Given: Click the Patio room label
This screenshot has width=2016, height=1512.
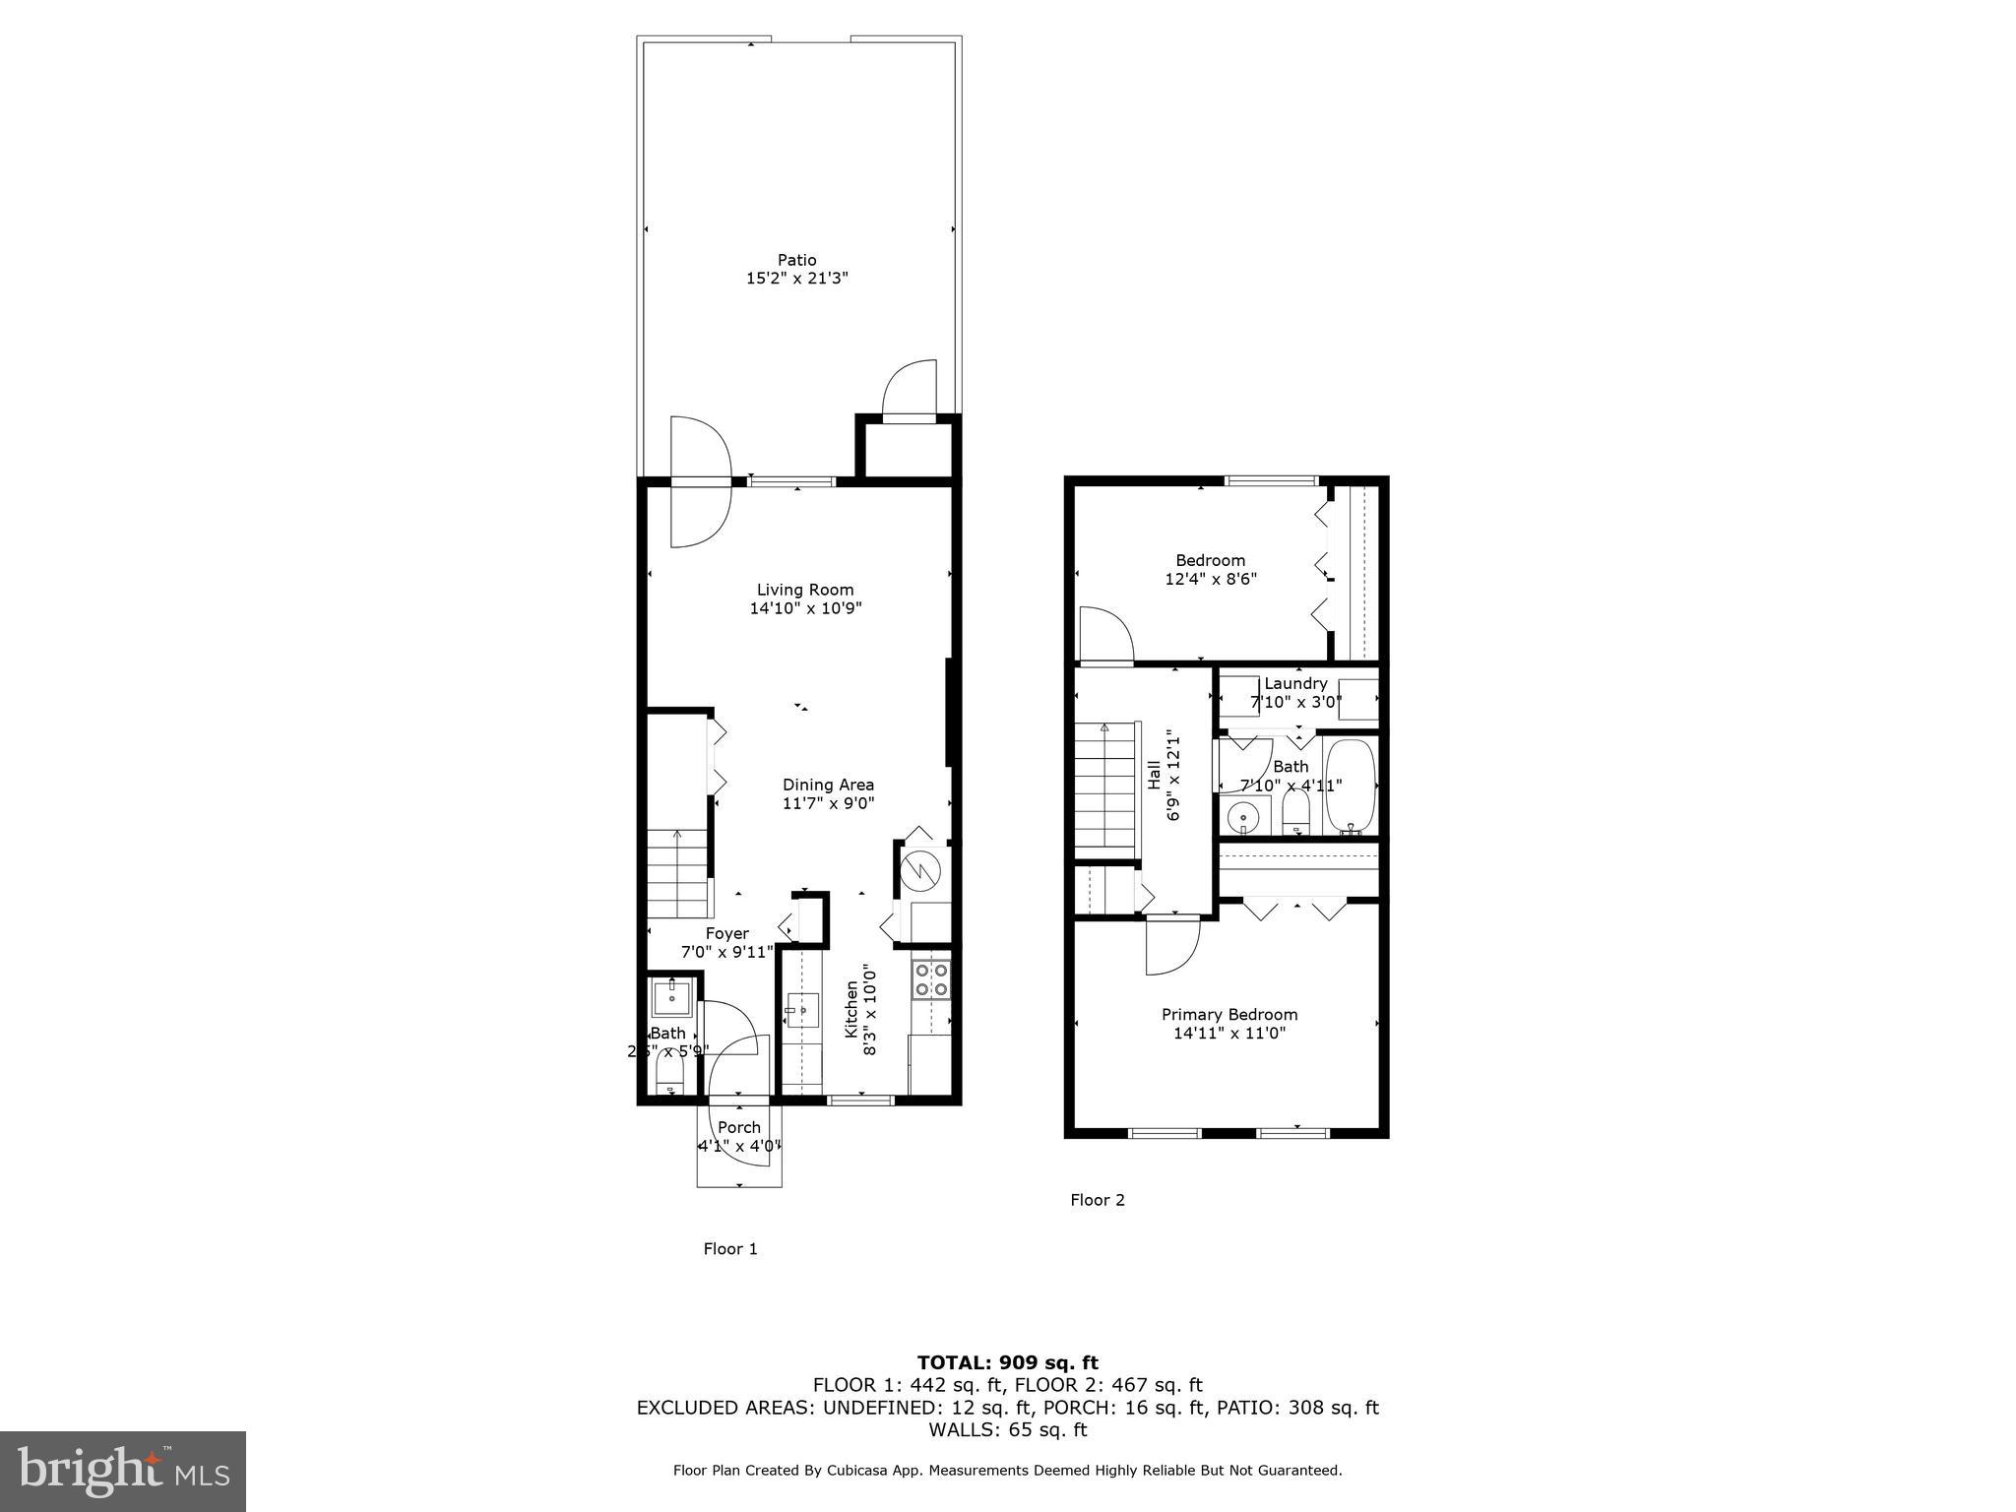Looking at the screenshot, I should [796, 260].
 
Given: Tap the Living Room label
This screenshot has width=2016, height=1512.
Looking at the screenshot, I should [805, 590].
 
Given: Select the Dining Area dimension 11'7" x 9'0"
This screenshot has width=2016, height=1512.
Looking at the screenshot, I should [828, 803].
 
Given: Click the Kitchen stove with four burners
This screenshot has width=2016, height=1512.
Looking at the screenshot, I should [931, 978].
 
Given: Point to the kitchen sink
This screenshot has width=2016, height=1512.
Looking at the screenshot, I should [802, 1010].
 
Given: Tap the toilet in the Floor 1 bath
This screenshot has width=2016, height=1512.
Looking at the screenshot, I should [670, 1073].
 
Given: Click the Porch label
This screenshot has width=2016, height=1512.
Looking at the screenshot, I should [738, 1127].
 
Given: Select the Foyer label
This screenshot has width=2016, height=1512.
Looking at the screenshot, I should [726, 933].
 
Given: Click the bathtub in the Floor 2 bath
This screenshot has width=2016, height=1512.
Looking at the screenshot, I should [1349, 787].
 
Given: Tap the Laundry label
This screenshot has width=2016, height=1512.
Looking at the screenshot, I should [1295, 683].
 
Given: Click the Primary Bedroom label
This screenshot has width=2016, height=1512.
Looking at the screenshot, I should [1229, 1014].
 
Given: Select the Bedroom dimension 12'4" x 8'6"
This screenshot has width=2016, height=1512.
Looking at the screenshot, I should [1211, 579].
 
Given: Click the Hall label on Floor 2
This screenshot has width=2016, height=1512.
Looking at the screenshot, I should [1154, 774].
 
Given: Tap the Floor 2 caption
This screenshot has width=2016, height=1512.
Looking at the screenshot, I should [1097, 1200].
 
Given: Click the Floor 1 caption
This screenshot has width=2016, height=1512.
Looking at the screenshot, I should [729, 1249].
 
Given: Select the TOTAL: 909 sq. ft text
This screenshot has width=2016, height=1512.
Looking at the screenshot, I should [1007, 1362].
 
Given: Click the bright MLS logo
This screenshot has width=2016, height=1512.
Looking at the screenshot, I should [123, 1472].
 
